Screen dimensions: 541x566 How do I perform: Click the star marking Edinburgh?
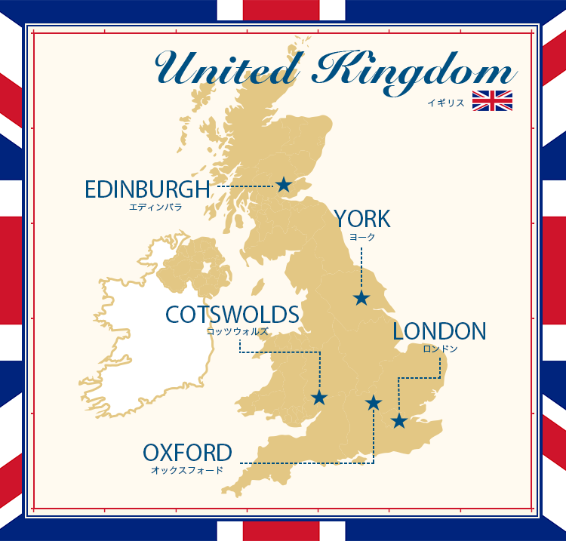point(283,184)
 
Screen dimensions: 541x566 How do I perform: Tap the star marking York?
point(361,298)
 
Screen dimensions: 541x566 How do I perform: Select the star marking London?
point(399,421)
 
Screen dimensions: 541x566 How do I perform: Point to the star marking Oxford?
point(374,403)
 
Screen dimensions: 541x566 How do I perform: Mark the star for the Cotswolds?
point(319,398)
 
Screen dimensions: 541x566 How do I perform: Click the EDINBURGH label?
point(146,189)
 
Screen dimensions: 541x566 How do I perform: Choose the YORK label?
point(363,219)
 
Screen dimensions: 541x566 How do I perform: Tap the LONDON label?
point(439,331)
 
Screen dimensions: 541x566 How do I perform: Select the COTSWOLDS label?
point(232,314)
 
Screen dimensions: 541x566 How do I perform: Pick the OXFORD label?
point(187,453)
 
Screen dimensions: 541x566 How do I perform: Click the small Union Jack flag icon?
point(492,101)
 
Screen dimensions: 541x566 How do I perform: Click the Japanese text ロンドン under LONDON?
point(439,349)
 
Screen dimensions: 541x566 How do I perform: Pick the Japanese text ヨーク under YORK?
point(362,236)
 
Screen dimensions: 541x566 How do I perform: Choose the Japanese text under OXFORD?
point(187,470)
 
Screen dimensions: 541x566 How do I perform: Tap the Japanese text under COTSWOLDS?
point(237,331)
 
